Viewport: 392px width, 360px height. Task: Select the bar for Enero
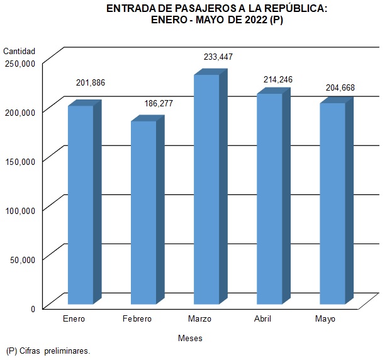pos(81,205)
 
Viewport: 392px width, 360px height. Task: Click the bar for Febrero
pos(143,212)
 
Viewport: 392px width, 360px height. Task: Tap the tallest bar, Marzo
pos(206,189)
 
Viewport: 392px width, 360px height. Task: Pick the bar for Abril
pos(269,198)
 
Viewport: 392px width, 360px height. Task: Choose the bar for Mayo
pos(332,203)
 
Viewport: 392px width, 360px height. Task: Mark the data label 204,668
pos(340,88)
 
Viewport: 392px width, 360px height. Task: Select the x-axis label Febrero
pos(137,319)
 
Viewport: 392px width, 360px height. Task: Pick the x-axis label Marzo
pos(199,319)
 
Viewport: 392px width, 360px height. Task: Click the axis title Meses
pos(190,338)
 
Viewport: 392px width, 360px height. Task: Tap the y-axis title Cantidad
pos(20,51)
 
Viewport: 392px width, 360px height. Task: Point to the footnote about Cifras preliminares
pos(48,351)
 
